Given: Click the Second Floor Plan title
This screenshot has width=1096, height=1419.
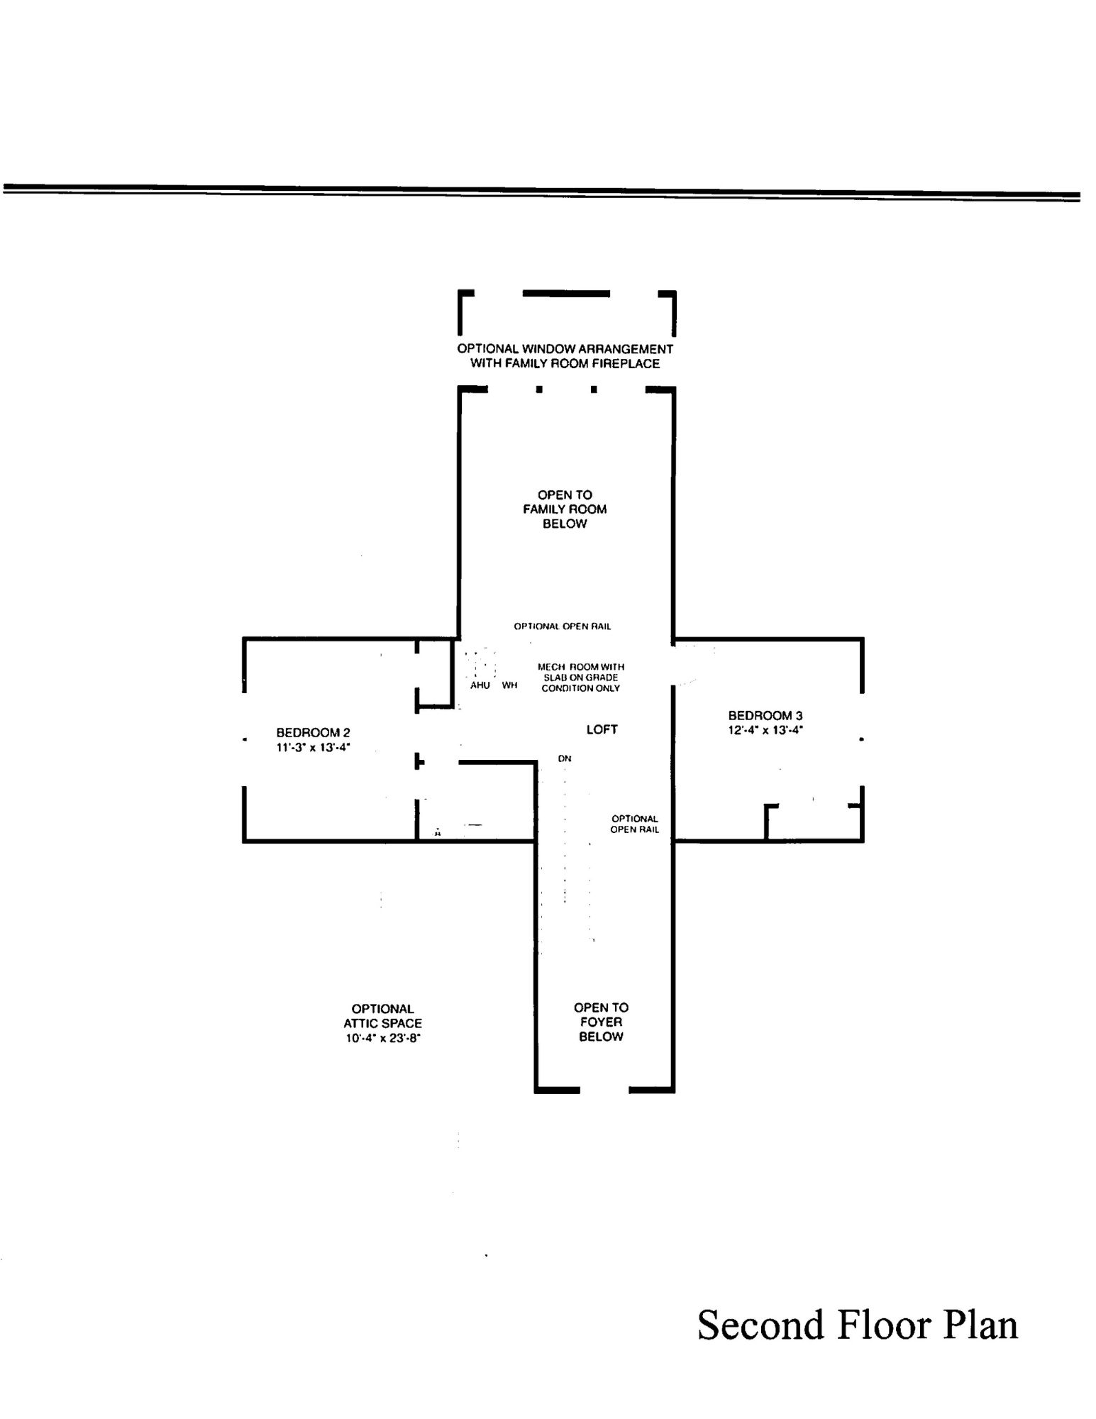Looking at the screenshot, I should click(x=857, y=1324).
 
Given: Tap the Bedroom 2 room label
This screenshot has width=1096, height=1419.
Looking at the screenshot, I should click(x=313, y=732).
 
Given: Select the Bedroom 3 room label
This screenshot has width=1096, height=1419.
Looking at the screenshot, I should click(x=765, y=715).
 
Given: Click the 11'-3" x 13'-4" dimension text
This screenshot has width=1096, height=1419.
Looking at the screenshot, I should click(x=313, y=747).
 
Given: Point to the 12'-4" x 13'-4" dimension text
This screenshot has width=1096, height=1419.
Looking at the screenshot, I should click(x=765, y=730).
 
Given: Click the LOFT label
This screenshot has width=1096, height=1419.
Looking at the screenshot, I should click(x=602, y=729).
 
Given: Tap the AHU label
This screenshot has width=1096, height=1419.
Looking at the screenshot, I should click(x=480, y=685).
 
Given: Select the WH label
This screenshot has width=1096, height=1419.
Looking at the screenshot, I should click(x=509, y=685).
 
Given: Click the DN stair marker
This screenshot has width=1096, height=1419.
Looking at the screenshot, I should click(x=564, y=758).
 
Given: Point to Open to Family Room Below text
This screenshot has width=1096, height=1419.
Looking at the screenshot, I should click(x=565, y=509).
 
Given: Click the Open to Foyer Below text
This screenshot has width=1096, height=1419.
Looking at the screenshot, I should click(x=601, y=1022).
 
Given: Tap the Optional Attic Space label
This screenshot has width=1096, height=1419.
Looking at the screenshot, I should click(x=382, y=1015).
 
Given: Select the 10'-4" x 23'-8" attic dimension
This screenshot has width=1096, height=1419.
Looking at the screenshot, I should click(x=383, y=1038).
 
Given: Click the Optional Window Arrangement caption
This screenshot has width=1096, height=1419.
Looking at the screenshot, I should click(x=565, y=356).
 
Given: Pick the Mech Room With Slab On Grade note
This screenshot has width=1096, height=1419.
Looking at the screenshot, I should click(x=580, y=678).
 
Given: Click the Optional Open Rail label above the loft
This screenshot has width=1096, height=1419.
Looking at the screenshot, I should click(x=562, y=626).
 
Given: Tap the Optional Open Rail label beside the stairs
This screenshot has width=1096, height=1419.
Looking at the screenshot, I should click(x=634, y=824).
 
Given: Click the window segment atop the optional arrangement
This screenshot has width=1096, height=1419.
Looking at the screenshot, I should click(x=566, y=293).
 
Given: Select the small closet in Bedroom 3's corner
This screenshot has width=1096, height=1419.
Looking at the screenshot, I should click(x=813, y=823).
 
